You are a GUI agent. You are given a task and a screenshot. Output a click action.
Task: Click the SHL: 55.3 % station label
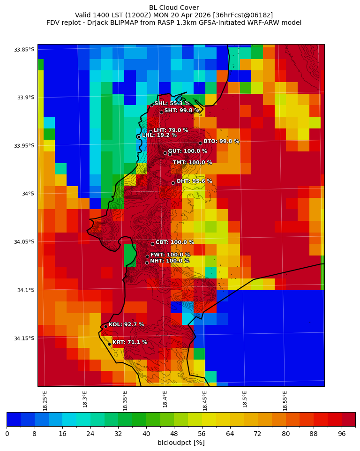[x=172, y=104]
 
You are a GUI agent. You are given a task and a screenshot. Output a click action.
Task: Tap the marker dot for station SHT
[x=161, y=112]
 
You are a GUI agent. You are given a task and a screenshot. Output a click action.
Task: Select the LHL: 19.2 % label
[x=159, y=135]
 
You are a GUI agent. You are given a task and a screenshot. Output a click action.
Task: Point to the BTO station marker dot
[x=200, y=143]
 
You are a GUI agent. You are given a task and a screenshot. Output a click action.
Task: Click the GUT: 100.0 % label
[x=187, y=151]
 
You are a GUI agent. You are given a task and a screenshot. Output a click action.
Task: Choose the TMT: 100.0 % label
[x=192, y=163]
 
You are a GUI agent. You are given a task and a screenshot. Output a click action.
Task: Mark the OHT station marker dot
[x=173, y=183]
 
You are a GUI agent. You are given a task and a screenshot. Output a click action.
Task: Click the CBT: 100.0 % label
[x=175, y=242]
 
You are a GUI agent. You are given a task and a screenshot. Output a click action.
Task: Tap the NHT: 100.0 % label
[x=170, y=261]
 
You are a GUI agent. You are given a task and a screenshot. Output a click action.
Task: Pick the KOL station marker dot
[x=105, y=326]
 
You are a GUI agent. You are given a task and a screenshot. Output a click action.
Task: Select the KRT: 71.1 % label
[x=130, y=342]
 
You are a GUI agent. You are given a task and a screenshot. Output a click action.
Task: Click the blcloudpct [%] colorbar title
[x=181, y=443]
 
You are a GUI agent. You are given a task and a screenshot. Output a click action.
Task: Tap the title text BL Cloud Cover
[x=174, y=8]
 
